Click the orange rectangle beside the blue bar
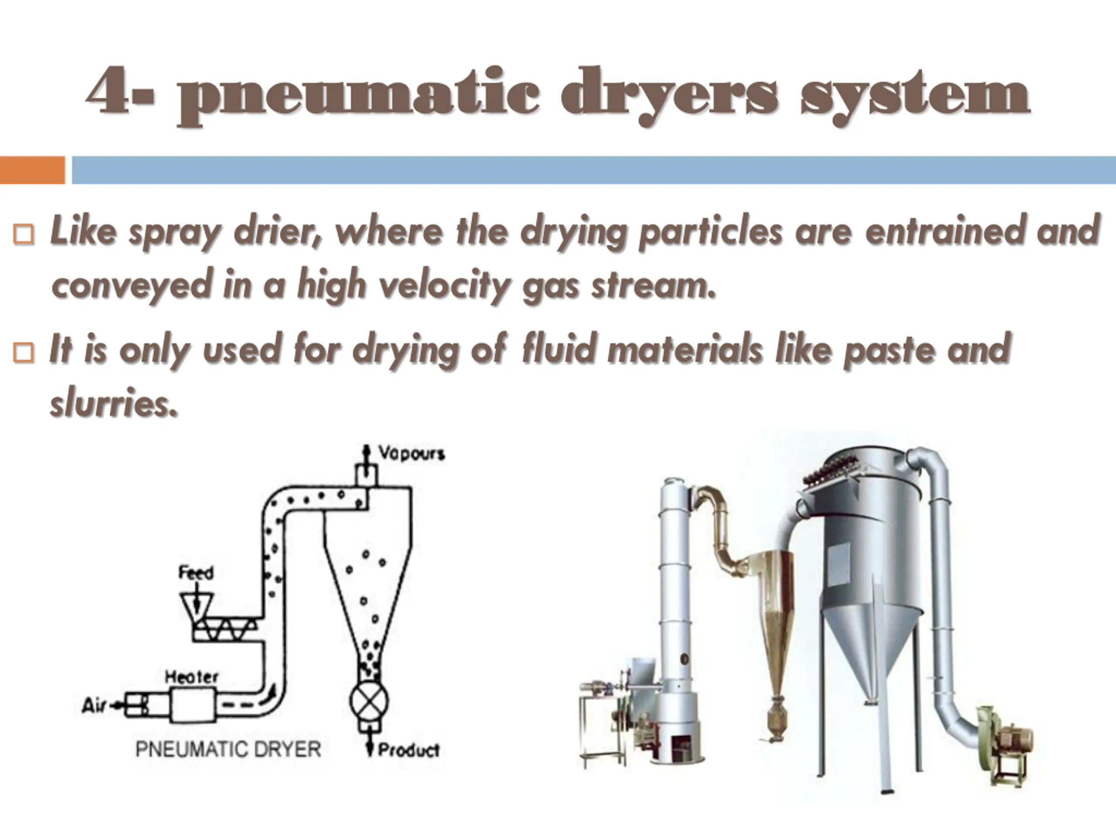point(32,170)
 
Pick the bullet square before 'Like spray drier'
point(24,235)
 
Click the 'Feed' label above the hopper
point(196,573)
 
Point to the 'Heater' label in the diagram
point(192,677)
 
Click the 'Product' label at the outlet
point(409,750)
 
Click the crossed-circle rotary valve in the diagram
point(369,702)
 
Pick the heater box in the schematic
point(194,705)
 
